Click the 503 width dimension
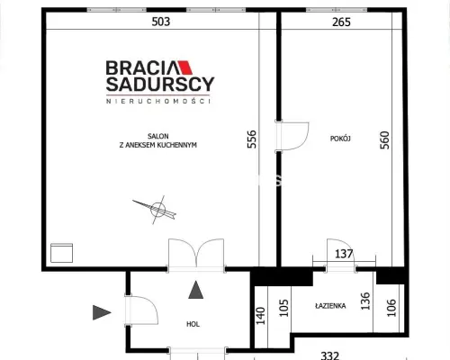coord(161,22)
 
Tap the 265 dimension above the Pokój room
coord(341,22)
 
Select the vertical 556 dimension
coord(252,139)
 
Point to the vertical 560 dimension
coord(384,139)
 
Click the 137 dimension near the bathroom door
coord(344,254)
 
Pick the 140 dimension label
coord(260,316)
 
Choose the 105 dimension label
coord(283,308)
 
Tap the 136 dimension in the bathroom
coord(365,301)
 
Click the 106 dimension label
coord(391,308)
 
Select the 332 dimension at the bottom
coord(330,355)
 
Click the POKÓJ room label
coord(340,139)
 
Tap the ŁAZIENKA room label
coord(330,306)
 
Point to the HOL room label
coord(193,324)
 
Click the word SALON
coord(158,136)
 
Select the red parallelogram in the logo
coord(184,67)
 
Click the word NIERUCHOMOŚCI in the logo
coord(158,101)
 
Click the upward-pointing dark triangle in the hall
coord(196,290)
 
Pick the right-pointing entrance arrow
coord(102,312)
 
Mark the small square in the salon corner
coord(61,253)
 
